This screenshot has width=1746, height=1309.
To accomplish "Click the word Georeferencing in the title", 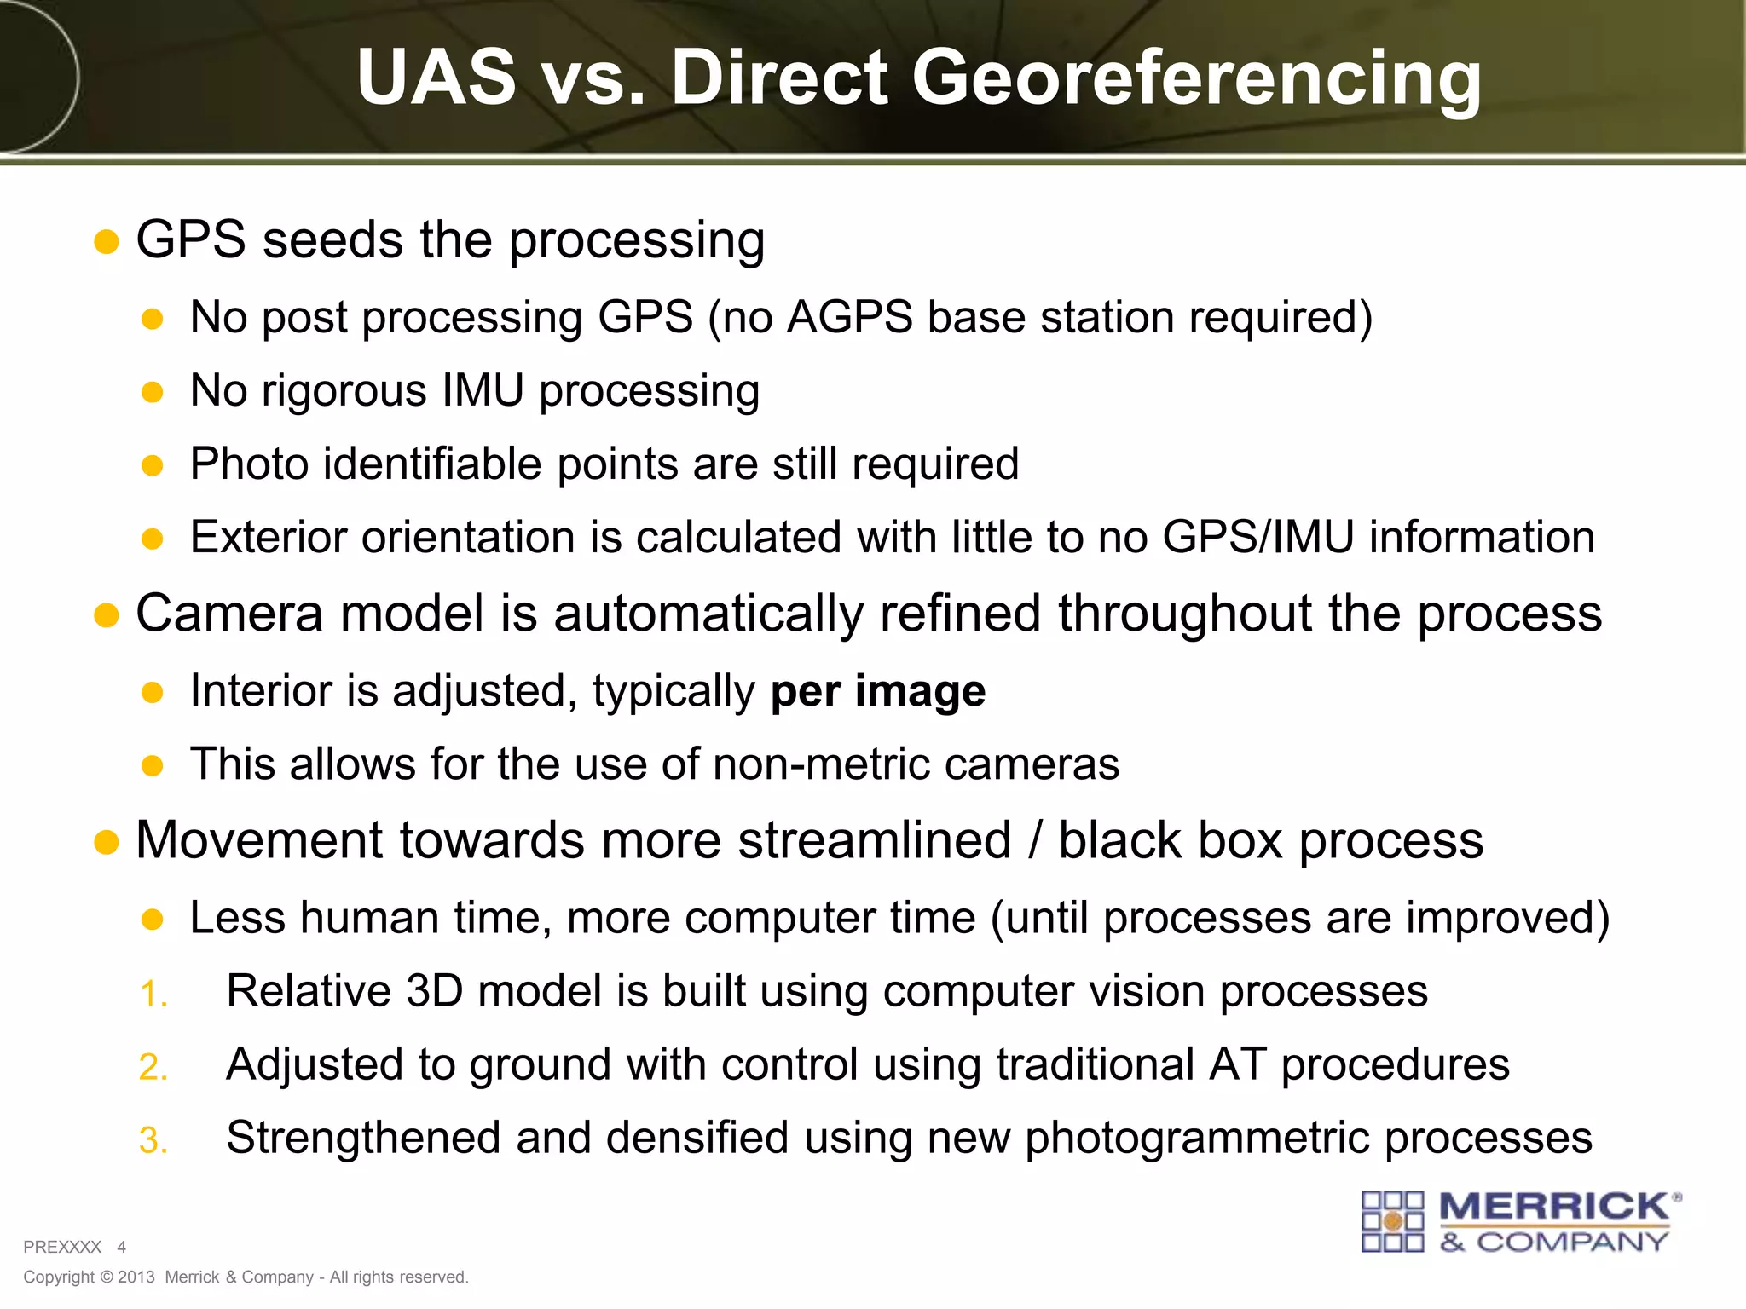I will coord(1197,78).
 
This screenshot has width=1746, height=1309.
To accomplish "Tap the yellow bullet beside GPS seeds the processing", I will coord(106,242).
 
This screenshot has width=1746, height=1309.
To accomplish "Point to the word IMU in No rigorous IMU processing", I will coord(483,391).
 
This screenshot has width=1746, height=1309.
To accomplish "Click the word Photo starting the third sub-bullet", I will coord(248,464).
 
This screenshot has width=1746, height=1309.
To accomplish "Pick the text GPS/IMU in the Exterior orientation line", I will coord(1258,538).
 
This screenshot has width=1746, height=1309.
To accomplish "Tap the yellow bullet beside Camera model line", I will coord(106,615).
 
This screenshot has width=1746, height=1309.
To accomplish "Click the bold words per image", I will coord(878,691).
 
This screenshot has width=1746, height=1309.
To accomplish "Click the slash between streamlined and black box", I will coord(1035,842).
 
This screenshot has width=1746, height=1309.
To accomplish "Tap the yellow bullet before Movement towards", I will coord(106,843).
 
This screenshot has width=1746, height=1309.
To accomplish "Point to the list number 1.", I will coord(153,995).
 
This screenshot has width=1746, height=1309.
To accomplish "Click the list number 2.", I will coord(153,1068).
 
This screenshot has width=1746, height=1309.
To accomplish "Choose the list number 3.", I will coord(153,1141).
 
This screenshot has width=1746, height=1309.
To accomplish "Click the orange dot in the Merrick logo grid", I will coord(1393,1222).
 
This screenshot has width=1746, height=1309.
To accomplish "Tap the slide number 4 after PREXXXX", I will coord(122,1248).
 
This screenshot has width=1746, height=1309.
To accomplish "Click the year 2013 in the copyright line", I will coord(136,1277).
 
